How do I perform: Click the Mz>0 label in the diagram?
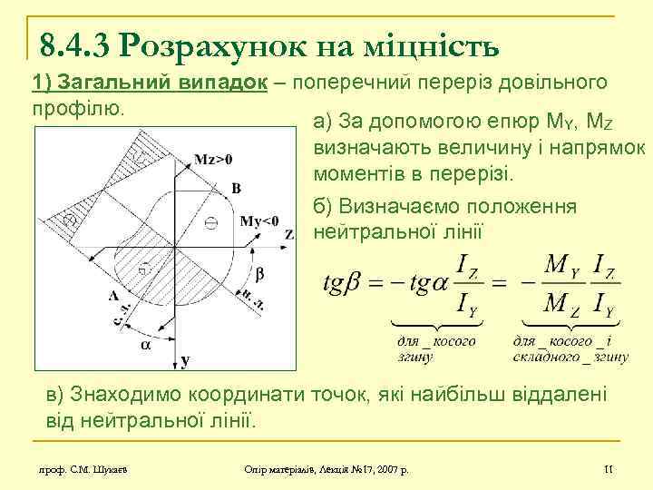(x=214, y=158)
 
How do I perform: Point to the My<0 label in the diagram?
(x=260, y=220)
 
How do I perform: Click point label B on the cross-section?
(x=236, y=189)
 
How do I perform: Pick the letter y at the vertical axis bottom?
(x=185, y=361)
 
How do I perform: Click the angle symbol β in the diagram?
(x=258, y=272)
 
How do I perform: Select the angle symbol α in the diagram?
(x=145, y=344)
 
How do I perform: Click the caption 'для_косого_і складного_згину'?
(x=570, y=348)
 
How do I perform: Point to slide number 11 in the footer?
(x=609, y=468)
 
